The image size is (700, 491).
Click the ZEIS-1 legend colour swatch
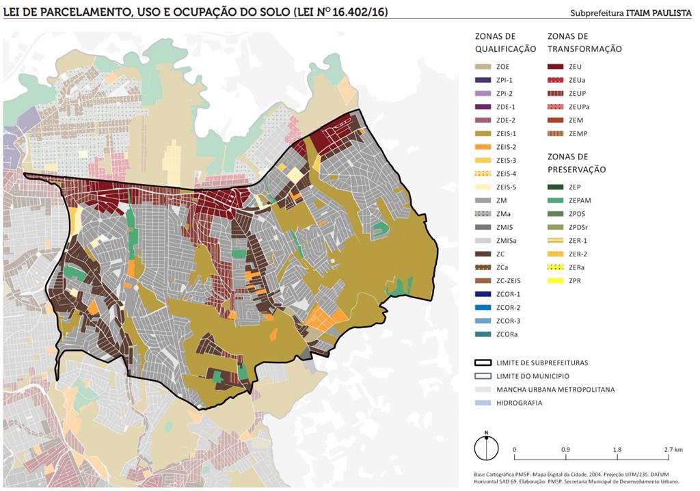[x=483, y=133]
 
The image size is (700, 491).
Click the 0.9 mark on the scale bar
[x=566, y=449]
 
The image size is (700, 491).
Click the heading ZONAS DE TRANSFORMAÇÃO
[x=584, y=42]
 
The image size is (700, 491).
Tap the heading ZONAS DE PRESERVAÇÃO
[x=576, y=163]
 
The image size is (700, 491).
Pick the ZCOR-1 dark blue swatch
[x=483, y=293]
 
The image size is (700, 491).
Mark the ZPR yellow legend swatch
[x=556, y=280]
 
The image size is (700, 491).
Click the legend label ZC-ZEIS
[x=509, y=280]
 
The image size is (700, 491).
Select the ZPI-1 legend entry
[x=503, y=80]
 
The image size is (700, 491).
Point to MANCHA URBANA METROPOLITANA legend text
[x=555, y=389]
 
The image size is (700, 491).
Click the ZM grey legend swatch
[x=483, y=200]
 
